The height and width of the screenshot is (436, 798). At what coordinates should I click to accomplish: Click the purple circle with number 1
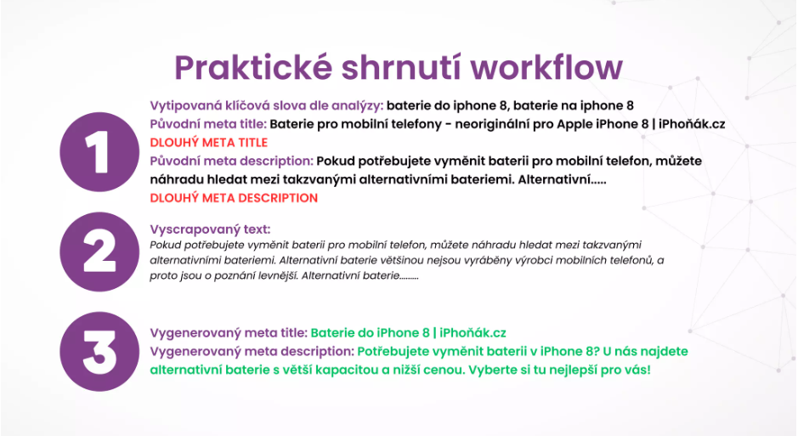tap(99, 152)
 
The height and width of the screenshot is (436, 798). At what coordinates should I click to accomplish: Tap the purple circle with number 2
tap(99, 252)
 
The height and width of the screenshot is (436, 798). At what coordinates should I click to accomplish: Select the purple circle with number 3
tap(99, 352)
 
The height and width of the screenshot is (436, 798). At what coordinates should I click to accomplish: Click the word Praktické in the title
tap(253, 68)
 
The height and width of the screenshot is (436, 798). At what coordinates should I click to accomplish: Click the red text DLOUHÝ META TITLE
tap(209, 143)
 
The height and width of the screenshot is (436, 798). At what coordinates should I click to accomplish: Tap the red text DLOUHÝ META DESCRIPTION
tap(234, 198)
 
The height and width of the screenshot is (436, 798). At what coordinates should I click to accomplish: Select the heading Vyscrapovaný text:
tap(210, 229)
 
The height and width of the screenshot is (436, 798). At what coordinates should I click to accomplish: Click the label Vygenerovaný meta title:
tap(229, 333)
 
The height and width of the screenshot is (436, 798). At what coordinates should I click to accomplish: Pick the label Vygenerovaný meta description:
tap(252, 352)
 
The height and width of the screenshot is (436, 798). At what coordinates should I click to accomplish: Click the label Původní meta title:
tap(208, 124)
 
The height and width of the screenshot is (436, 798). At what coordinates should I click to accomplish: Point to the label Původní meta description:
tap(231, 161)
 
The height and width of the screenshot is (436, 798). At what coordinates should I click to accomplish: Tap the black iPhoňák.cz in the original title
tap(692, 124)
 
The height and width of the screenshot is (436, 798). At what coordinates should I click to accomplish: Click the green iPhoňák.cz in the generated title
tap(473, 333)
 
